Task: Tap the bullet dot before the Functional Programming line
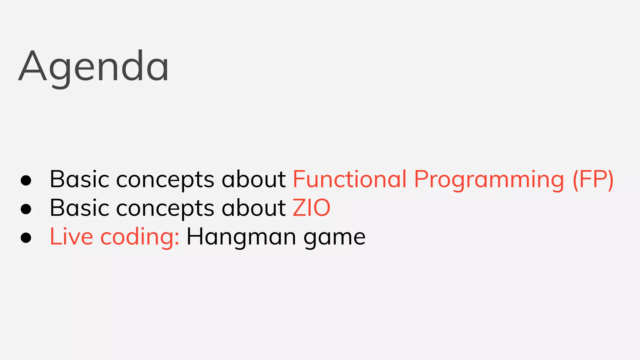26,180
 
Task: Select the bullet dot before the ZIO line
26,209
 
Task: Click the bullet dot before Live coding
26,238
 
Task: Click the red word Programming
489,180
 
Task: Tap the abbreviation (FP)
593,180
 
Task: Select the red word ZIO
311,208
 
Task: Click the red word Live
71,237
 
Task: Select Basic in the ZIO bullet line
79,208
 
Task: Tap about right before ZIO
253,208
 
